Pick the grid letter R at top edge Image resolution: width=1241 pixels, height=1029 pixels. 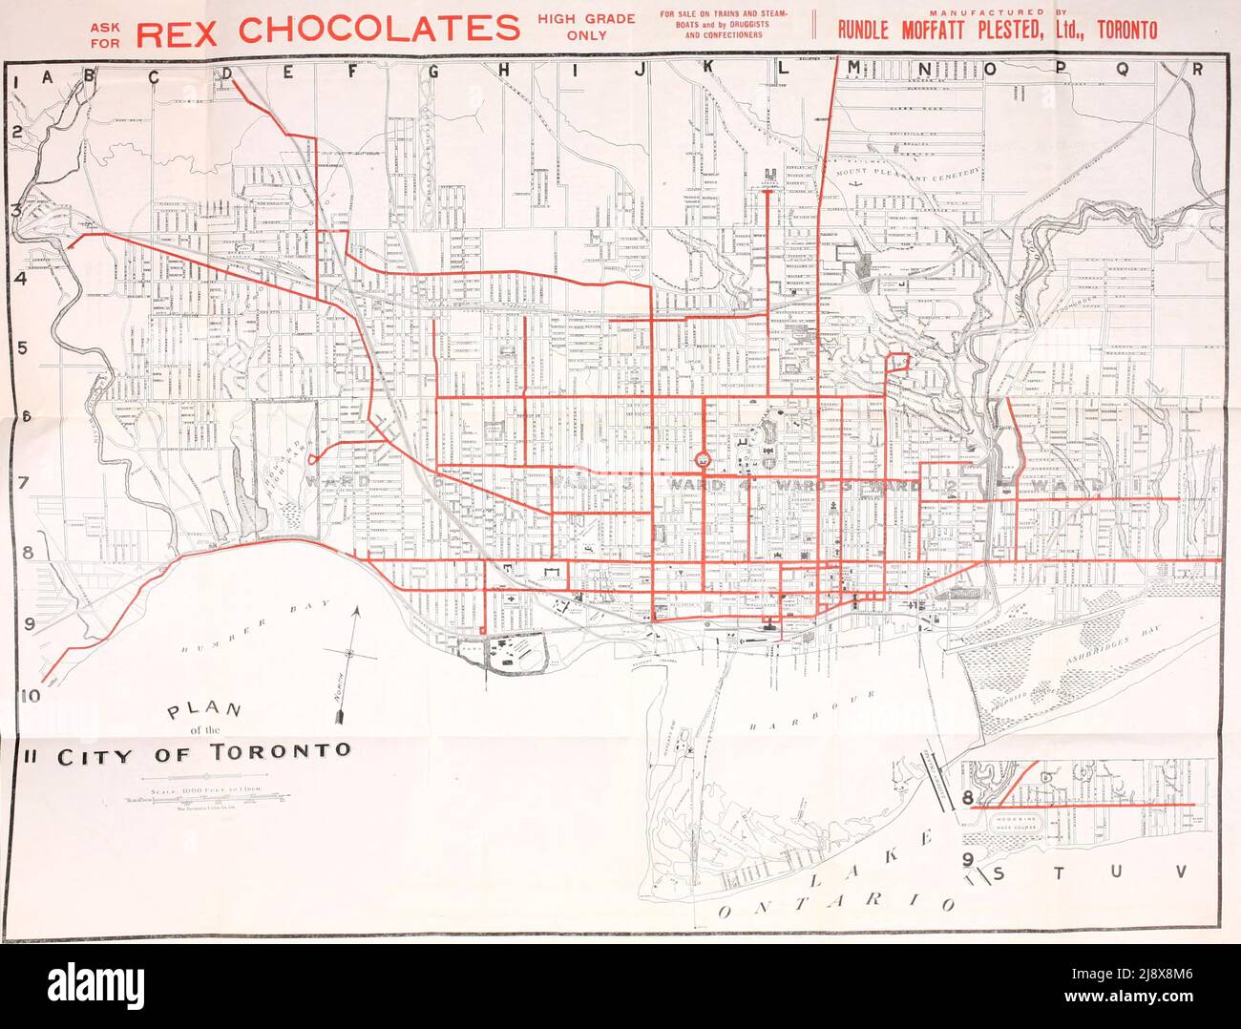click(1197, 69)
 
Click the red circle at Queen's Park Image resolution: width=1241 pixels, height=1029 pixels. click(703, 460)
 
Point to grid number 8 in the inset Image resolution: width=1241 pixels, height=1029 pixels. click(967, 798)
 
